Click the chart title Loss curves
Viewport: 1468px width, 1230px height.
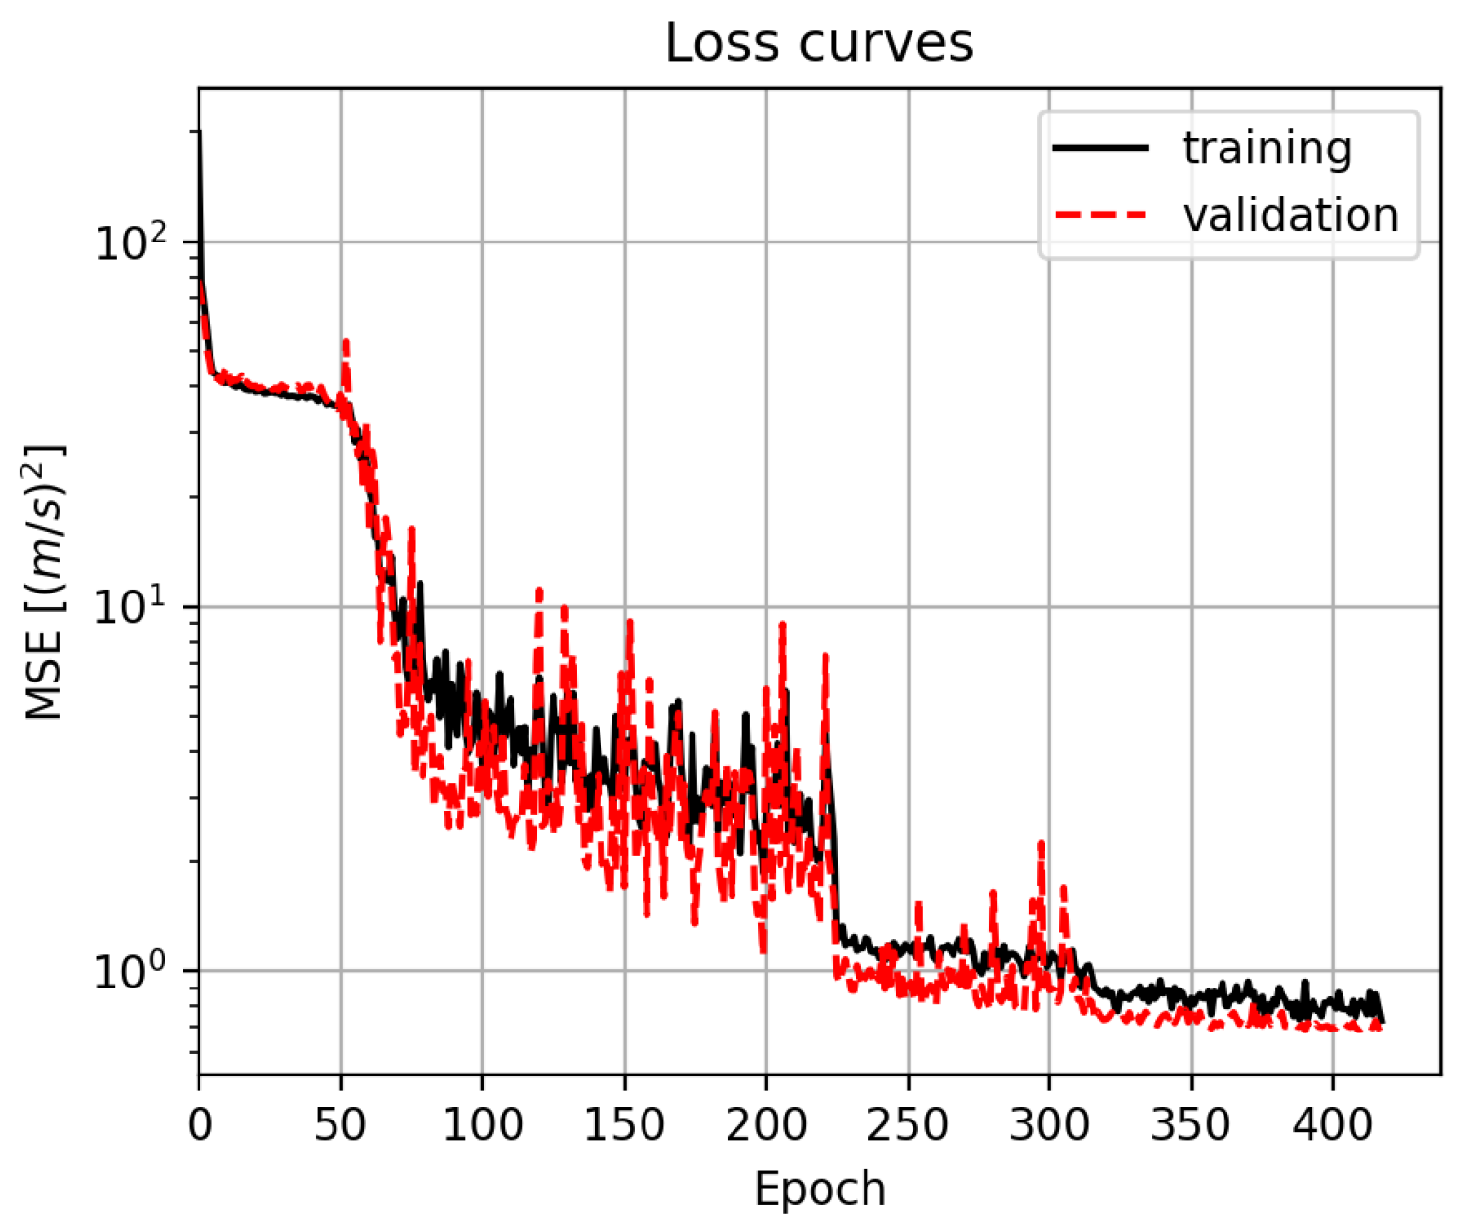coord(820,43)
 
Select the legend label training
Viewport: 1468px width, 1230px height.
coord(1267,149)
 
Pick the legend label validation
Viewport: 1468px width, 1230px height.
coord(1290,215)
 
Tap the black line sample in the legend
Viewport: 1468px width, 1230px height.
coord(1100,148)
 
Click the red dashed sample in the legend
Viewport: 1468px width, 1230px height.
coord(1100,214)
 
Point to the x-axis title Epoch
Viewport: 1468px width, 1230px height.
coord(820,1189)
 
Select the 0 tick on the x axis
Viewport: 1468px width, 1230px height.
coord(200,1125)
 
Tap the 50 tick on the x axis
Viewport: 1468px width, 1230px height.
coord(341,1125)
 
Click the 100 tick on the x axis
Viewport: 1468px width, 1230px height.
coord(482,1125)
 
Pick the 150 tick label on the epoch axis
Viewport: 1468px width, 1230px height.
coord(624,1125)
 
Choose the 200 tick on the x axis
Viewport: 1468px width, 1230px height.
coord(766,1125)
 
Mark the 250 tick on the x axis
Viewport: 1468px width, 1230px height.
coord(908,1125)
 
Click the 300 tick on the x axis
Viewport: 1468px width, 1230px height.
coord(1049,1125)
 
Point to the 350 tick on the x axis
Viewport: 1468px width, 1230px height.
coord(1191,1125)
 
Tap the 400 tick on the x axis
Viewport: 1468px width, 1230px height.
coord(1332,1125)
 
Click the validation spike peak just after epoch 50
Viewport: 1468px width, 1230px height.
coord(346,341)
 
